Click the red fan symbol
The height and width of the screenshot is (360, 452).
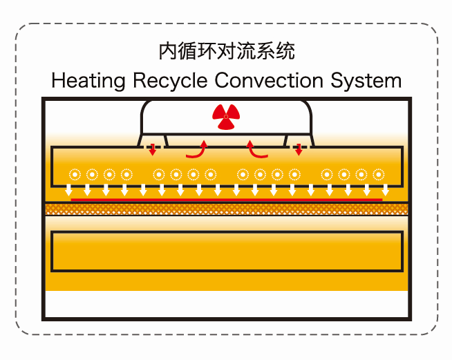click(x=226, y=117)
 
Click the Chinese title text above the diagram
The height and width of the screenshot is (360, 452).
click(x=226, y=51)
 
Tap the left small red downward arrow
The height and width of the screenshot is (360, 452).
click(x=153, y=148)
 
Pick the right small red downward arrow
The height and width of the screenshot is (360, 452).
click(x=299, y=148)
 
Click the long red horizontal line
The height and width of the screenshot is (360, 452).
click(x=226, y=200)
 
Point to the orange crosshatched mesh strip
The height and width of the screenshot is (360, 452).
click(x=226, y=208)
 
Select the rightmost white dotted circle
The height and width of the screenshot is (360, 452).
click(x=378, y=173)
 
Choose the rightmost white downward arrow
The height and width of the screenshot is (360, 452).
click(x=385, y=189)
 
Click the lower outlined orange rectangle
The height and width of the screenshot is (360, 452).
click(x=226, y=251)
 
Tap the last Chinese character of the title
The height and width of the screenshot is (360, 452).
click(x=286, y=51)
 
